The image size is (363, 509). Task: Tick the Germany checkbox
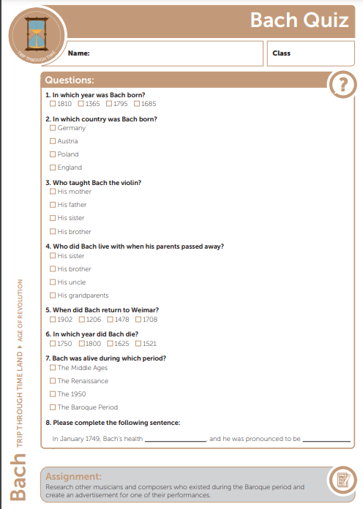point(53,128)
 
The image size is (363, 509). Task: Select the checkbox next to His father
point(53,205)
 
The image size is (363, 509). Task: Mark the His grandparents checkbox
point(53,295)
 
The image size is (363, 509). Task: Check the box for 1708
point(138,320)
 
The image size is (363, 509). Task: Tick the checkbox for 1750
point(53,344)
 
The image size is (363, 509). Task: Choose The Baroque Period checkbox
point(53,407)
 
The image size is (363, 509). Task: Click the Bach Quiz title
point(299,20)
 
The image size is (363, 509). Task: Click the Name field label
point(78,53)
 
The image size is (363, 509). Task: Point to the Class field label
point(281,53)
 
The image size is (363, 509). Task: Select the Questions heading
point(70,80)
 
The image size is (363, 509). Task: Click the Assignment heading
point(73,476)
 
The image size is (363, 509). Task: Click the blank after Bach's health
point(176,439)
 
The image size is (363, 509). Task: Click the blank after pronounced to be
point(326,439)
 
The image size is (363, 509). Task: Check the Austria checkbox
point(53,141)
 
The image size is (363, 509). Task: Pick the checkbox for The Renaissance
point(53,381)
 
